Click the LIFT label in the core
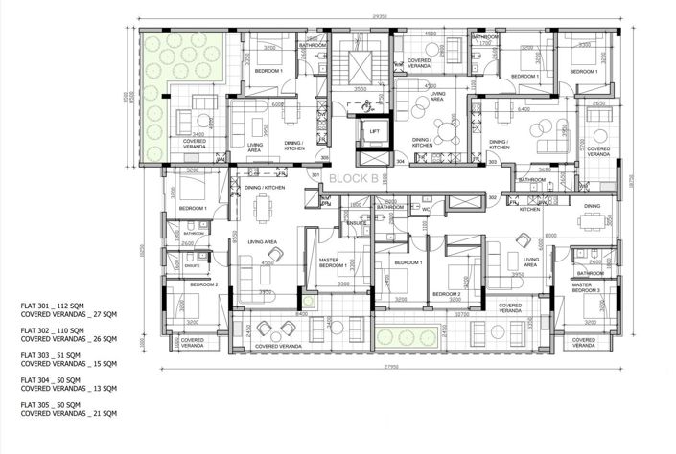[x=374, y=131]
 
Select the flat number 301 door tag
[x=314, y=175]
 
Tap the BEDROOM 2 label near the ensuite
[x=203, y=284]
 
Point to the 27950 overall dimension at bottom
[x=385, y=367]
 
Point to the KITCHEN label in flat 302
[x=529, y=209]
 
